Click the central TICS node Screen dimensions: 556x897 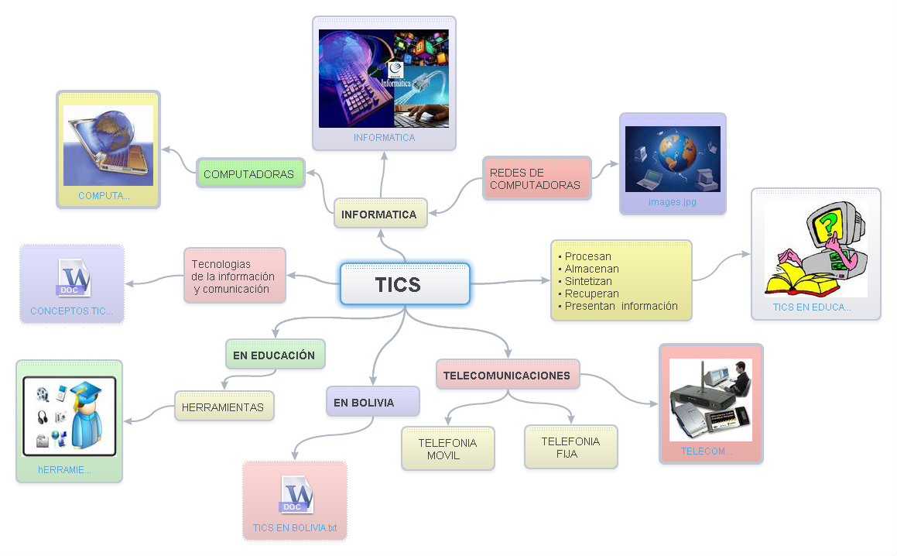[404, 284]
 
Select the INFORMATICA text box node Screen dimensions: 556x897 [380, 214]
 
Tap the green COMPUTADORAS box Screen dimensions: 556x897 [249, 174]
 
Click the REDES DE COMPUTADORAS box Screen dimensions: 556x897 [536, 179]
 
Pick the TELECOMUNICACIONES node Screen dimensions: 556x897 [507, 376]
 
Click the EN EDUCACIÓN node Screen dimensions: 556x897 [274, 355]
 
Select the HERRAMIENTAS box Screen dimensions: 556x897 [223, 407]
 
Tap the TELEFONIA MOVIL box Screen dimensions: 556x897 [447, 448]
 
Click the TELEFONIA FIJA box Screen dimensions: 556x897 [570, 447]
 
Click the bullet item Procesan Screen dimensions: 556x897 [587, 256]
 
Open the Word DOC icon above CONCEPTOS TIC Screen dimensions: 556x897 [74, 279]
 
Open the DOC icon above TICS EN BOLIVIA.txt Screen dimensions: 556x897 [296, 495]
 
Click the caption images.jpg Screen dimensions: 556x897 [672, 202]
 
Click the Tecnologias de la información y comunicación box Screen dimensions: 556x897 [233, 276]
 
